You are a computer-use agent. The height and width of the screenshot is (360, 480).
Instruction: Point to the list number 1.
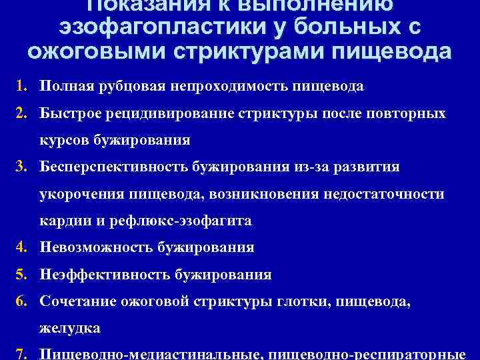[22, 87]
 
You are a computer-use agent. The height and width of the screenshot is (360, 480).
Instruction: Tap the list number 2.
[22, 114]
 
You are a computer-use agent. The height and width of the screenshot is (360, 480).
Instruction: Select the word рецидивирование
[169, 114]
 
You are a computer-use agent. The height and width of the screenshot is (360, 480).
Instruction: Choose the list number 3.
[22, 167]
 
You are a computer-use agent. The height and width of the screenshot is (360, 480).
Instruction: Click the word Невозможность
[97, 247]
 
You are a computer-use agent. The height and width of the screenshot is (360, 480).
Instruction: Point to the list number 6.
[22, 301]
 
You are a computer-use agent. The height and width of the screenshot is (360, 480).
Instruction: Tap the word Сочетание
[77, 301]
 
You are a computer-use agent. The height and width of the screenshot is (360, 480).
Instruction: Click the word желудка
[69, 328]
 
